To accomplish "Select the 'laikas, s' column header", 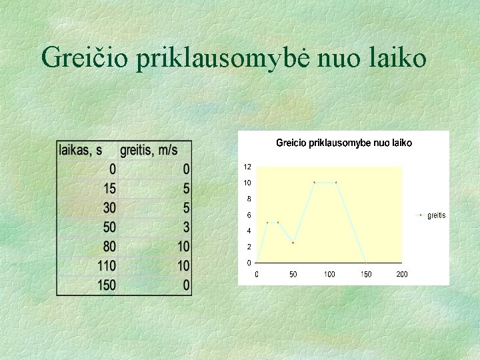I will [x=85, y=151].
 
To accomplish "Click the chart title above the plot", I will [x=344, y=143].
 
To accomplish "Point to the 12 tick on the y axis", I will [x=247, y=166].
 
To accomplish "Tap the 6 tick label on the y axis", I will [x=249, y=215].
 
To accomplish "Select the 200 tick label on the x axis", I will [x=402, y=275].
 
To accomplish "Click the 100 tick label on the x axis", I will [x=329, y=275].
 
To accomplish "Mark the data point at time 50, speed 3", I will [x=293, y=243].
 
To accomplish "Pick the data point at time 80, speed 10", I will [x=315, y=182].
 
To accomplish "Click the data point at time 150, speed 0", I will [x=365, y=263].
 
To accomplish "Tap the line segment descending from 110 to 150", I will [x=351, y=222].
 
